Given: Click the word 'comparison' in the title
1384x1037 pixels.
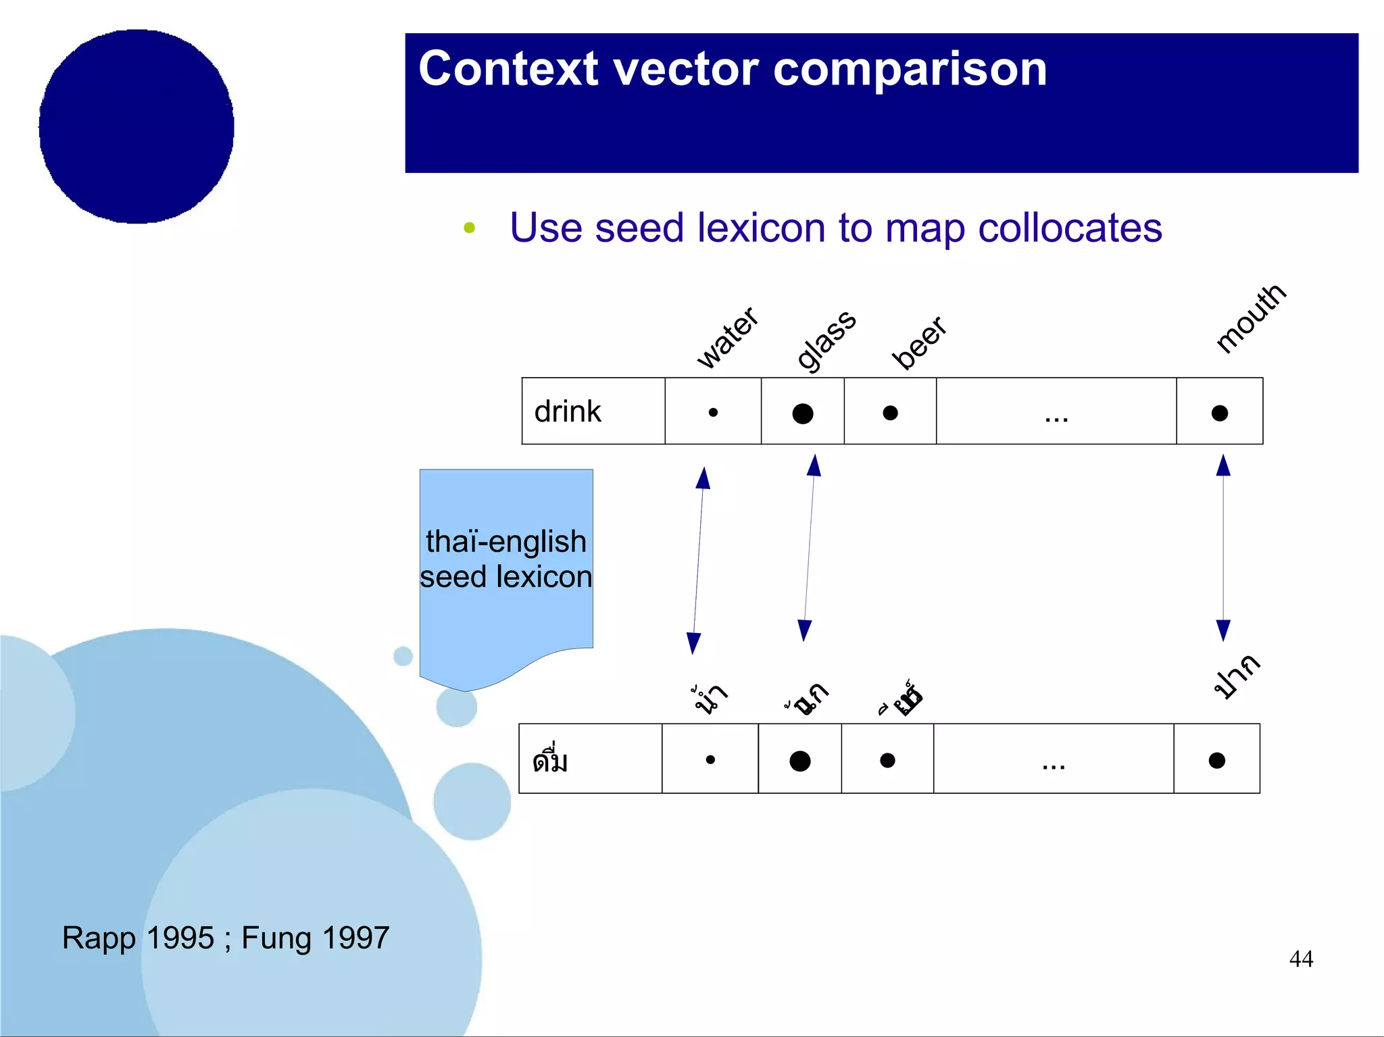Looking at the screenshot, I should click(910, 70).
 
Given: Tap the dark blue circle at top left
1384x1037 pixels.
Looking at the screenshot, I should click(137, 126).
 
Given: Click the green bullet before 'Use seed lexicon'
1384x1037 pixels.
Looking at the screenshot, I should click(470, 228).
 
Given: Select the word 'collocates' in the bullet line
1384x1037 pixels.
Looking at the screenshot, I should click(1070, 228).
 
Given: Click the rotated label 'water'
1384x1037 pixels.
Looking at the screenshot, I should click(727, 337).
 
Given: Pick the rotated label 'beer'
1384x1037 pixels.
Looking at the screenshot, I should click(918, 343).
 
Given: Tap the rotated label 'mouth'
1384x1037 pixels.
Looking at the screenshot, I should click(1250, 318).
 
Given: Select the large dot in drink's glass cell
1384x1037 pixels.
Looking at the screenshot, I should click(802, 413).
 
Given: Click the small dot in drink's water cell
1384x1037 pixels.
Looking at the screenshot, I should click(713, 412).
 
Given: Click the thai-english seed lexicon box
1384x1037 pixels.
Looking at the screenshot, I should click(506, 561).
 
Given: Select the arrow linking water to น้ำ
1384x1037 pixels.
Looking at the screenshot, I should click(698, 561).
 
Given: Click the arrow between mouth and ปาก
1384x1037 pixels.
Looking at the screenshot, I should click(1223, 548).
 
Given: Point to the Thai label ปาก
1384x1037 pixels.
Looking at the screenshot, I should click(1236, 676).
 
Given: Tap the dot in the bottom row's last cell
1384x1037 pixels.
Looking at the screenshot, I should click(1216, 761).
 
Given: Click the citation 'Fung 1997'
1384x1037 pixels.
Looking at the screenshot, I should click(315, 938).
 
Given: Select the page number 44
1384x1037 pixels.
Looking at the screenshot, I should click(1301, 959).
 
